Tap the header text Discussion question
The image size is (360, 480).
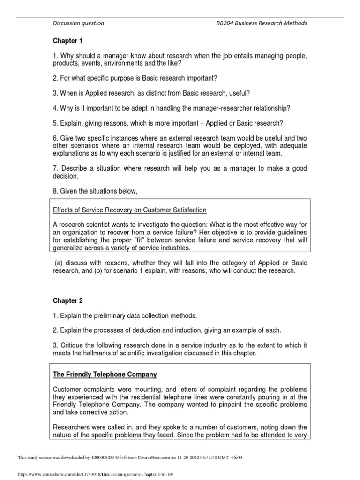78,23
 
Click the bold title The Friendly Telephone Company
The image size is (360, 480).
105,375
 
